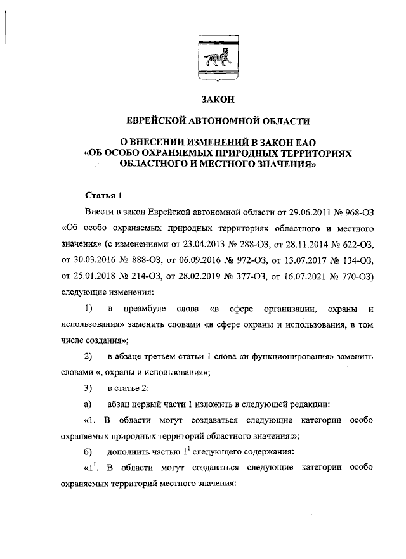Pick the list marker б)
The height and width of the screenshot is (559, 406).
88,453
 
